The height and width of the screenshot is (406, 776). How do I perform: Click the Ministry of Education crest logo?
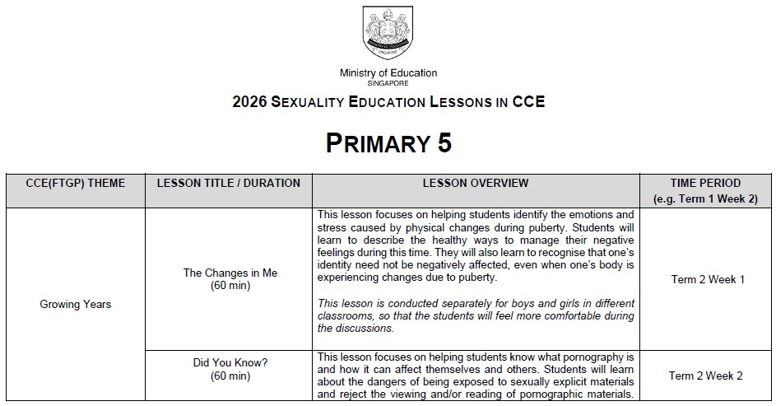(x=388, y=33)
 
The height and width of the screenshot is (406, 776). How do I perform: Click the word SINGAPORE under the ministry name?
(x=388, y=83)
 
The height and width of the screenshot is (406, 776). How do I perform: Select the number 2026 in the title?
(x=249, y=103)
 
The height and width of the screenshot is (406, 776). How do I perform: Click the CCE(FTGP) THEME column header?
(x=76, y=183)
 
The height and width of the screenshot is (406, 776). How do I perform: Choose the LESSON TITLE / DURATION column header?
(x=229, y=183)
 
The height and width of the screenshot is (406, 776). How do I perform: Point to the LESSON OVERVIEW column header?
(x=476, y=183)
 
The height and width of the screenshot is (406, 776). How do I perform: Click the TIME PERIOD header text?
(x=707, y=183)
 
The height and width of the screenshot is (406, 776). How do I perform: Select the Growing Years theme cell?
(x=76, y=304)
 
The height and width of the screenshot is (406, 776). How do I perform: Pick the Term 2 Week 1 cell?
(x=708, y=279)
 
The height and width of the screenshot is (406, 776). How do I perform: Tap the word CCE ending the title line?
(x=528, y=103)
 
